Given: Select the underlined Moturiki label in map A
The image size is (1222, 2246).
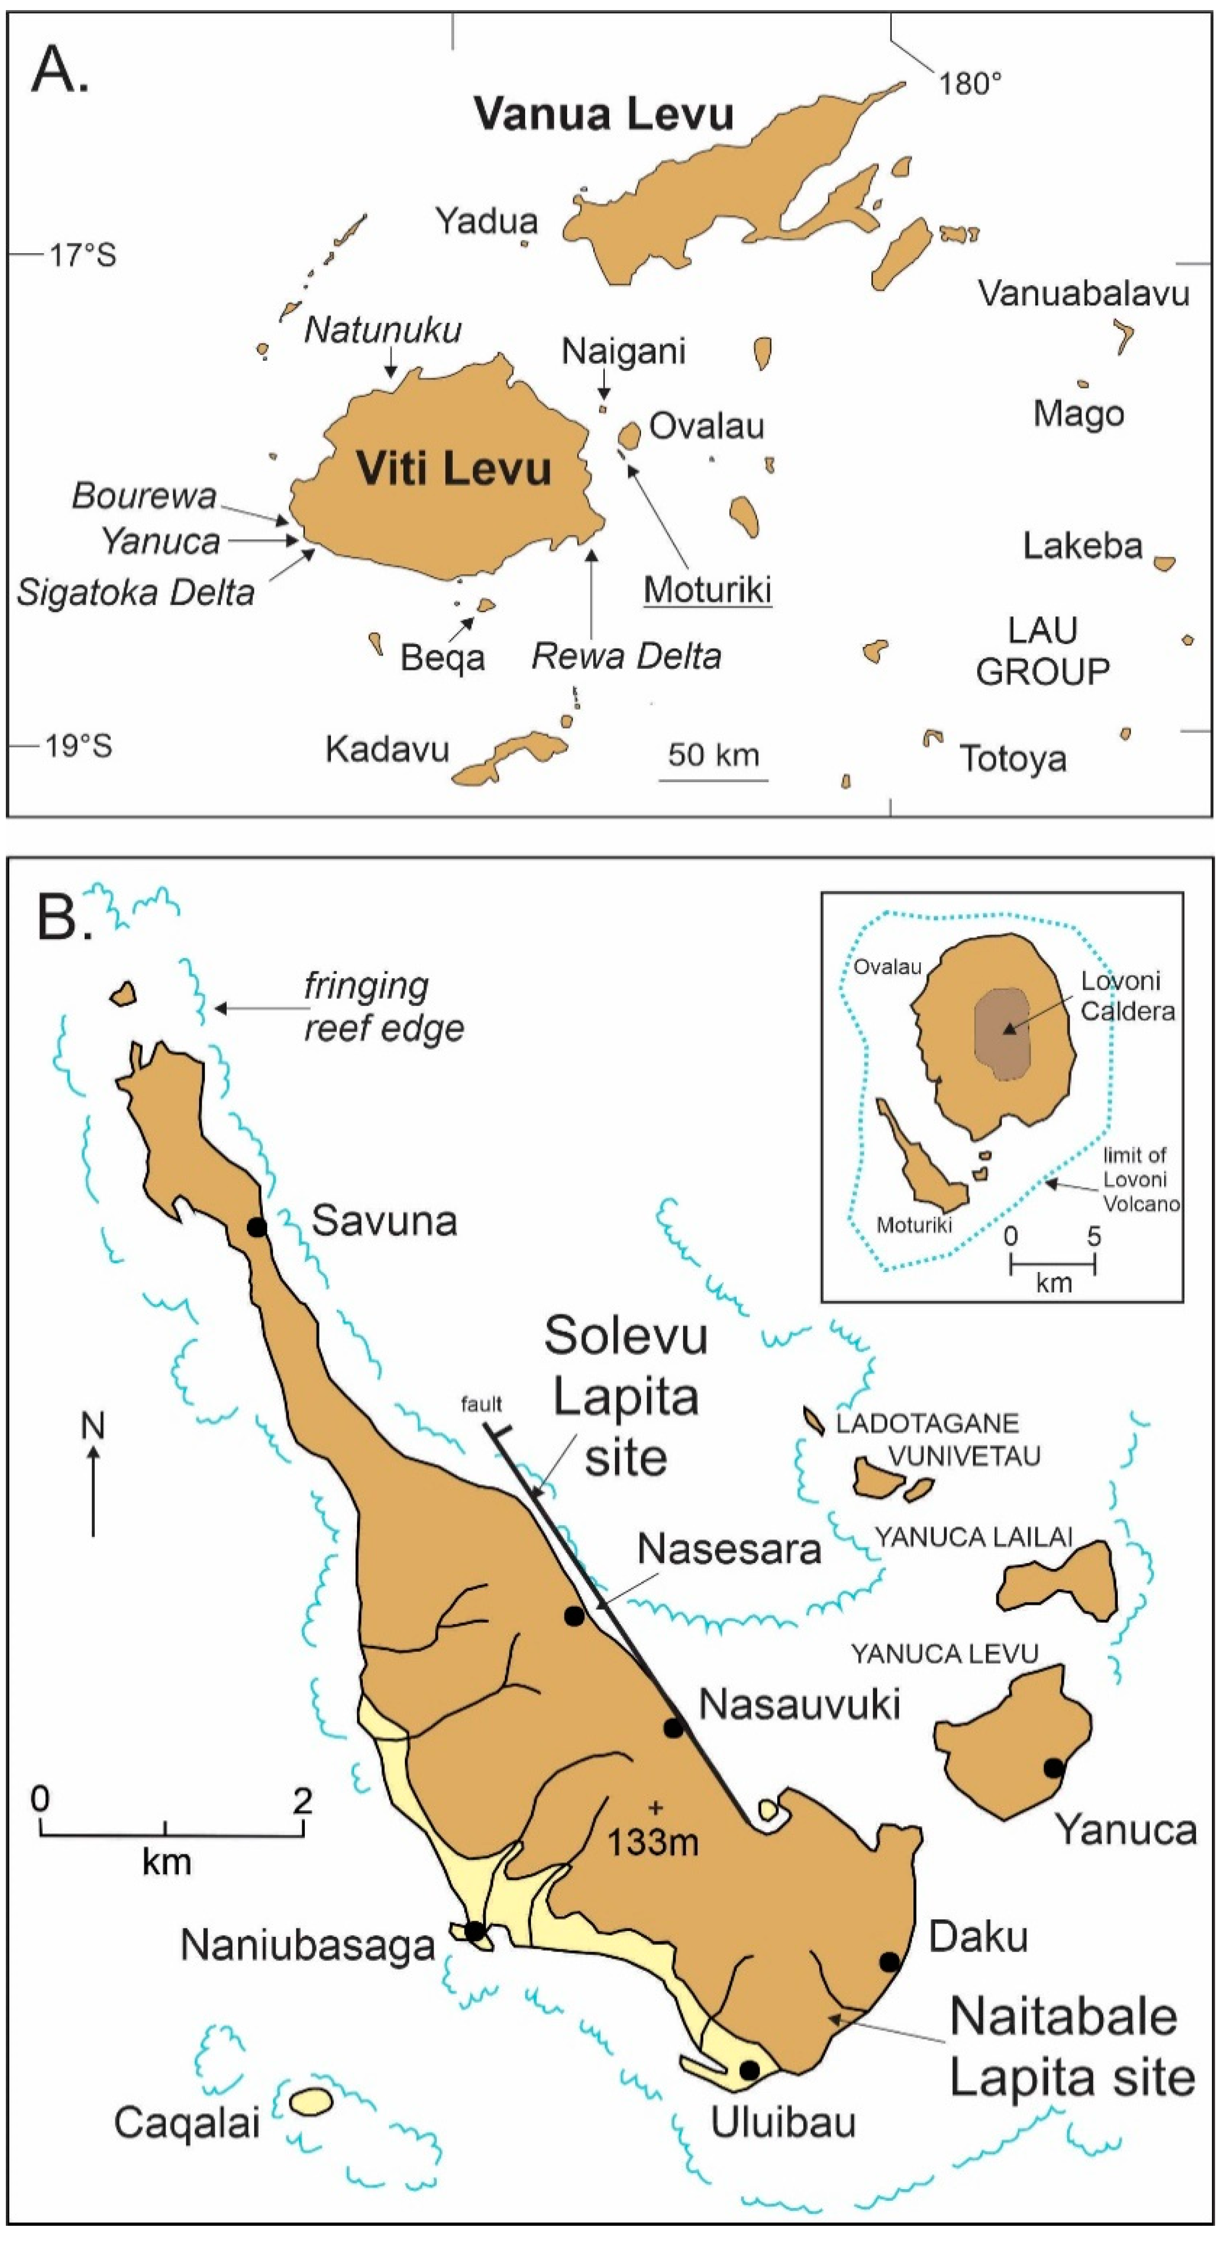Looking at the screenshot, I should click(708, 590).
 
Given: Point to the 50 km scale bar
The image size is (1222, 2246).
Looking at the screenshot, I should click(713, 779).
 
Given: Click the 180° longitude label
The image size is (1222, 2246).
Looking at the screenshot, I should click(970, 84).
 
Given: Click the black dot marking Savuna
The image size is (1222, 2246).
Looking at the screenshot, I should click(256, 1227).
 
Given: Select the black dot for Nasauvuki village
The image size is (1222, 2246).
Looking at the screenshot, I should click(674, 1727).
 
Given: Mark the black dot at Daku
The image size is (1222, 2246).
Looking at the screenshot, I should click(889, 1962).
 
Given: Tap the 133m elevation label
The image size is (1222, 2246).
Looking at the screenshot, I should click(652, 1842).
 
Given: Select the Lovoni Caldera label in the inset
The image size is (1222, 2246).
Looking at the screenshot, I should click(1127, 996).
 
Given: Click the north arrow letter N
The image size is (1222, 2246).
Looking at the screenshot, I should click(93, 1426).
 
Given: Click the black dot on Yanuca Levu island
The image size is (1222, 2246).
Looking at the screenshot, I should click(1054, 1768).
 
